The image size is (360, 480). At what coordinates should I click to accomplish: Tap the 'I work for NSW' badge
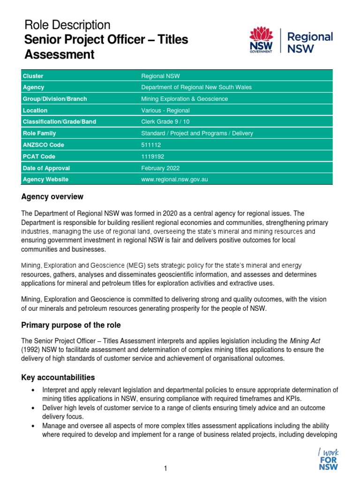(x=328, y=459)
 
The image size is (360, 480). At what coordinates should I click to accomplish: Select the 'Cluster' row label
(x=33, y=76)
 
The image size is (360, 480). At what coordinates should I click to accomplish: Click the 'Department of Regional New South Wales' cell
(x=196, y=87)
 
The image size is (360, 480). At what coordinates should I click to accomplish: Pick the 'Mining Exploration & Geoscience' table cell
(x=184, y=99)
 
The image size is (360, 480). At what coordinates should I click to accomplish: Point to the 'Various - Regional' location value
(x=165, y=111)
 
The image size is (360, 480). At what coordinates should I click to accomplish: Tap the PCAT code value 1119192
(x=152, y=157)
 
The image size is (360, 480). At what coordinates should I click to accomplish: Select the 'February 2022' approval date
(x=160, y=168)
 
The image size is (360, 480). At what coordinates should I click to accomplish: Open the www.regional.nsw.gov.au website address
(x=174, y=180)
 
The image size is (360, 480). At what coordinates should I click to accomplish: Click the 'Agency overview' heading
(x=52, y=196)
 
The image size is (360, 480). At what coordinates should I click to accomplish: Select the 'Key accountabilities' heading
(x=58, y=377)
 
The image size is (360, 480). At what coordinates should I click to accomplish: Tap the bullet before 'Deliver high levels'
(x=32, y=408)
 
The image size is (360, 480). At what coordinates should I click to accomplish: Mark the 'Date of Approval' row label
(x=46, y=168)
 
